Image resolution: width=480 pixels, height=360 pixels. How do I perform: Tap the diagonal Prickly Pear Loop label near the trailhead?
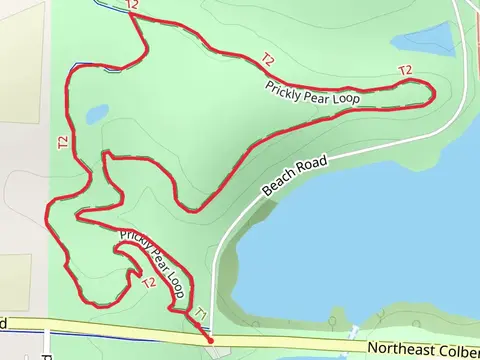click(155, 256)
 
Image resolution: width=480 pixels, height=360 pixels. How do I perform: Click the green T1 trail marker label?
click(200, 313)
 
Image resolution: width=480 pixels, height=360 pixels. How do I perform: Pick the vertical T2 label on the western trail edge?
click(62, 142)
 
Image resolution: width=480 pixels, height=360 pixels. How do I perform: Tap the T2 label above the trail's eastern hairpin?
click(405, 70)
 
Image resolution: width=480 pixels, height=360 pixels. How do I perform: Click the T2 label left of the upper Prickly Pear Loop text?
click(267, 60)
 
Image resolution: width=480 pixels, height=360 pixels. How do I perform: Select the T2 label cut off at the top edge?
click(132, 5)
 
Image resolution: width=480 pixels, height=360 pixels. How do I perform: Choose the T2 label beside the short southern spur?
click(149, 282)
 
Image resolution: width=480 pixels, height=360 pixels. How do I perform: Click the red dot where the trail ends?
click(210, 340)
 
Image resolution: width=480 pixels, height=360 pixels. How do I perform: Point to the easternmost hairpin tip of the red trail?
click(432, 95)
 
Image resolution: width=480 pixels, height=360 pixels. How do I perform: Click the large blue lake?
click(370, 240)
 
